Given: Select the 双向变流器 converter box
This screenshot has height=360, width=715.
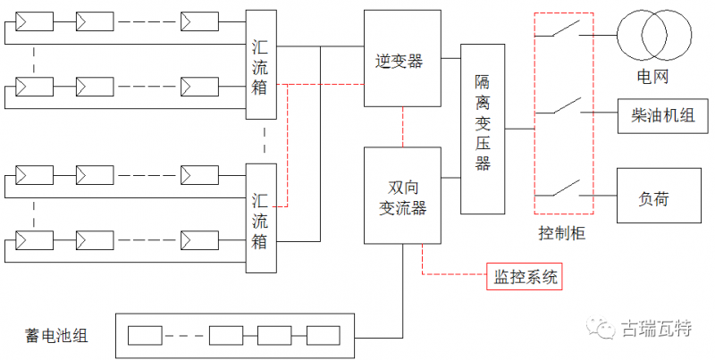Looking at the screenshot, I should [x=402, y=196].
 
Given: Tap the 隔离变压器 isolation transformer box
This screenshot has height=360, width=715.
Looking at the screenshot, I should [x=483, y=129].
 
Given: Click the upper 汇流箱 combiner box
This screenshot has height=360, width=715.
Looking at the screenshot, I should [x=262, y=64].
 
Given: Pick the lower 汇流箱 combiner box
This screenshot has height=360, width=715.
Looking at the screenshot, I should [x=262, y=218].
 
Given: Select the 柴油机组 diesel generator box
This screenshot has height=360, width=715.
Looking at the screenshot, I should [x=657, y=116].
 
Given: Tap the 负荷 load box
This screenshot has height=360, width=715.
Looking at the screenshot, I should [x=657, y=194].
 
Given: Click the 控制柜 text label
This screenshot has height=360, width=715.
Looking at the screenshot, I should [x=563, y=234].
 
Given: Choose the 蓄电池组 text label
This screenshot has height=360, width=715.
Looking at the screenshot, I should [x=56, y=336].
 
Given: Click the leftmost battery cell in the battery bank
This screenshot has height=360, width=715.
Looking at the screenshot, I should [x=145, y=336].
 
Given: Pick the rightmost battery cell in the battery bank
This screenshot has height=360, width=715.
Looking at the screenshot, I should [x=324, y=336].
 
